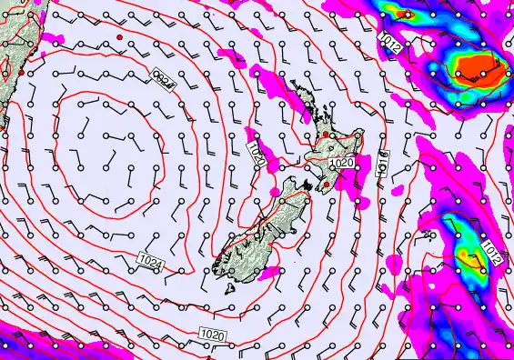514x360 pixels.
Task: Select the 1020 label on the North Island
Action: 341,163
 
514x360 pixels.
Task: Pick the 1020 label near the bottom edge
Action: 212,335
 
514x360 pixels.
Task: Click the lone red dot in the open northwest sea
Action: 118,36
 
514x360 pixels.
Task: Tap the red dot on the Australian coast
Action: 20,71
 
